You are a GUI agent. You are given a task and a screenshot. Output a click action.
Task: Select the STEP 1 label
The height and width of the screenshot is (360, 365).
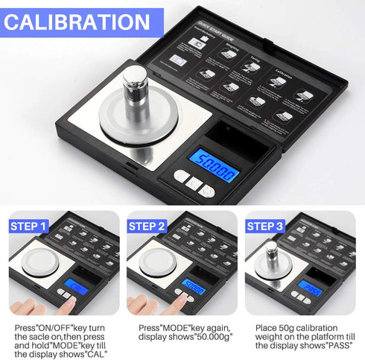(x=31, y=226)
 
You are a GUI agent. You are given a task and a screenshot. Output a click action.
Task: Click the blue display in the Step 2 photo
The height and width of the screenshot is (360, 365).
(x=194, y=288)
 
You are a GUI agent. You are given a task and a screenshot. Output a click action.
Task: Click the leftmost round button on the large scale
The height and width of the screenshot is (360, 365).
(x=181, y=177)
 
